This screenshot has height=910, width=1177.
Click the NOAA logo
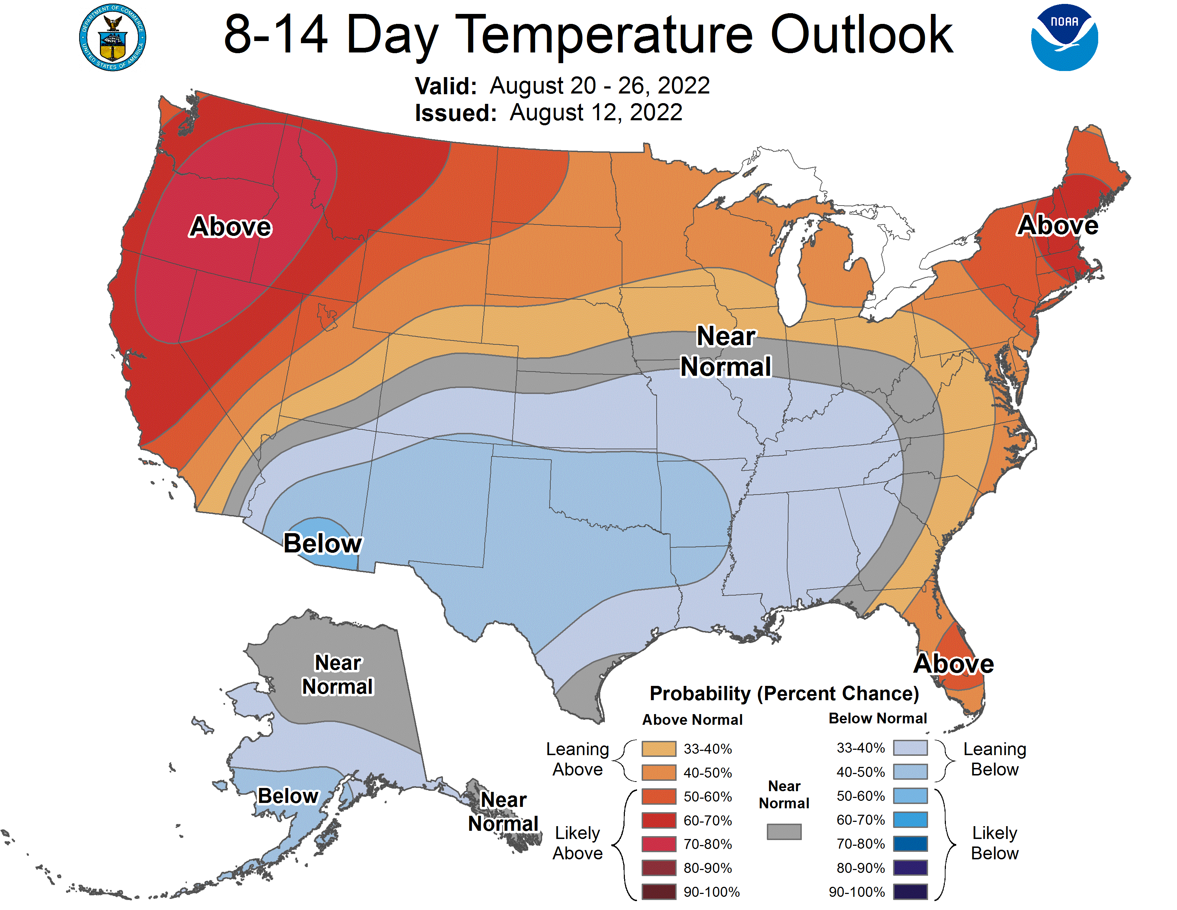click(x=1064, y=38)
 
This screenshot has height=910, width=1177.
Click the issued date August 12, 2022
click(x=596, y=113)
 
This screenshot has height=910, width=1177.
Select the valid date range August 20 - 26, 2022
click(x=599, y=86)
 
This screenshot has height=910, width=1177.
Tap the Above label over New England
click(x=1058, y=225)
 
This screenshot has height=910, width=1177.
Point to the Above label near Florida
click(x=953, y=664)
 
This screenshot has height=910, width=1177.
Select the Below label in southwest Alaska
click(x=288, y=796)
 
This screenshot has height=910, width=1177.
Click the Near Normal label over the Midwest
click(x=726, y=352)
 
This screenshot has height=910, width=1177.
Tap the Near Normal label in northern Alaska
click(x=337, y=674)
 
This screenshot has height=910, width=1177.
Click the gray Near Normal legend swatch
click(x=784, y=831)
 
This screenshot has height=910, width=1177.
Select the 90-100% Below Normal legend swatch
click(x=910, y=892)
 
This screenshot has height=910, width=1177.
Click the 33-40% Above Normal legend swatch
click(x=658, y=749)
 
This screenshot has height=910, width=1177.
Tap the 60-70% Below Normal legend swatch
click(x=910, y=820)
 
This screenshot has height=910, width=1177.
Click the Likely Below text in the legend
click(x=994, y=843)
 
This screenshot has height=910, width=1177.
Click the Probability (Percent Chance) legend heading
click(x=784, y=693)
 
